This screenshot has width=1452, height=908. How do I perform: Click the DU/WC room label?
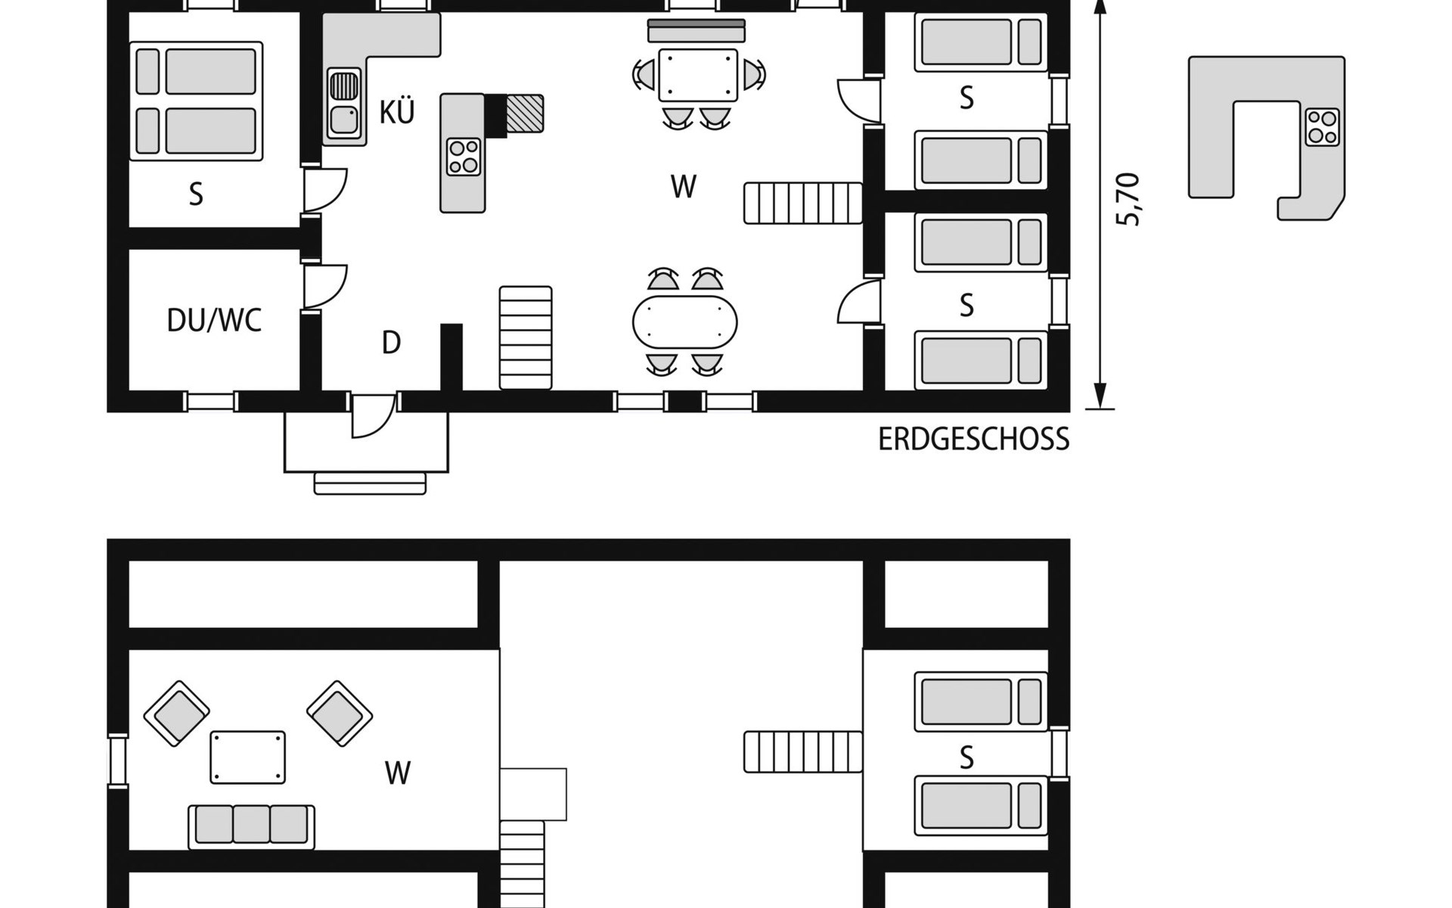(214, 321)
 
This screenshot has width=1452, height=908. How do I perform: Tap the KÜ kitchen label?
(397, 112)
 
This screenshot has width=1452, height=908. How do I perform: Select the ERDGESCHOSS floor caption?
(973, 440)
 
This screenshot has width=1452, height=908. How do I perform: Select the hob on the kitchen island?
(464, 157)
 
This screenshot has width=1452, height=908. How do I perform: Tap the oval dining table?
(684, 322)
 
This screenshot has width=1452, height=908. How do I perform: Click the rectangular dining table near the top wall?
(698, 75)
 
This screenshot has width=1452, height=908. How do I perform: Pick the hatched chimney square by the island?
(525, 113)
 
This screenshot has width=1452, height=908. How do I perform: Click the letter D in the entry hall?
(391, 343)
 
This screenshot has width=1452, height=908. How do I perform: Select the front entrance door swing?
(374, 415)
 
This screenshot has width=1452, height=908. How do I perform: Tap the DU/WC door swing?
(325, 286)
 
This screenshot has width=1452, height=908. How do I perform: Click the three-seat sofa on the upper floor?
(251, 827)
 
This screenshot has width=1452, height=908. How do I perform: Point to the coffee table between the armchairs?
(248, 757)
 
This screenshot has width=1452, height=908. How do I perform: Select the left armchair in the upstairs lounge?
(176, 714)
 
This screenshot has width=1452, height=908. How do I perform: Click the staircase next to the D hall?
(526, 337)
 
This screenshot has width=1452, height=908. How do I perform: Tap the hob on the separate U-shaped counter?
(1322, 126)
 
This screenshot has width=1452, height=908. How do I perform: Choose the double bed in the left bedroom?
(197, 101)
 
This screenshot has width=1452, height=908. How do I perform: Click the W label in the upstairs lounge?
(398, 773)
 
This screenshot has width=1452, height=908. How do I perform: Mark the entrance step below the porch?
(370, 484)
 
